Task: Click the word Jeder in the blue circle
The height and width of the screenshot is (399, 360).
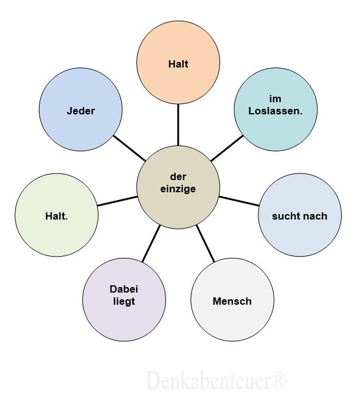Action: click(81, 111)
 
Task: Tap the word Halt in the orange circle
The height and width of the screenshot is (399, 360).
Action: click(178, 64)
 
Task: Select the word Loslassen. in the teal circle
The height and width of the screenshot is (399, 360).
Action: click(275, 111)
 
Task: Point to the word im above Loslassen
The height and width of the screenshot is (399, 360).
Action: click(275, 99)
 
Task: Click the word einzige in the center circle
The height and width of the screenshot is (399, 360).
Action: click(178, 189)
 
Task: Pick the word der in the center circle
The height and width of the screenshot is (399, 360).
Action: click(178, 176)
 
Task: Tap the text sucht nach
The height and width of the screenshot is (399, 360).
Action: click(299, 217)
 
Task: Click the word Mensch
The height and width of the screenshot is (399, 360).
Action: click(232, 301)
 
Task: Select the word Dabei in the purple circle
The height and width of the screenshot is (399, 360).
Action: click(124, 289)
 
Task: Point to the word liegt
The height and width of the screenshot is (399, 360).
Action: click(124, 302)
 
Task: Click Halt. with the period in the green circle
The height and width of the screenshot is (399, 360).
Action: click(57, 217)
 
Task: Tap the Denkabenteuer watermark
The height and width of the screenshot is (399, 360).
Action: click(216, 380)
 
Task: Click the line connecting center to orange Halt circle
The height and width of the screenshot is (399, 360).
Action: click(178, 125)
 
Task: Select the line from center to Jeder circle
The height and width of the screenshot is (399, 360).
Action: click(130, 148)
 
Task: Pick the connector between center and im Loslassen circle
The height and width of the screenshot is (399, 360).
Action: click(227, 148)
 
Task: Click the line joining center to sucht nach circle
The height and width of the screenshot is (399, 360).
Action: click(239, 201)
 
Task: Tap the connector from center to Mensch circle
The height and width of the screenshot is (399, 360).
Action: click(206, 243)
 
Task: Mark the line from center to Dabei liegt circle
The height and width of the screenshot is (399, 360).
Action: click(151, 243)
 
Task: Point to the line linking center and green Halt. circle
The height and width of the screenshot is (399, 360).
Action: click(117, 201)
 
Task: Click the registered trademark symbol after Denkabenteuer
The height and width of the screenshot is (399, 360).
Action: click(279, 380)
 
